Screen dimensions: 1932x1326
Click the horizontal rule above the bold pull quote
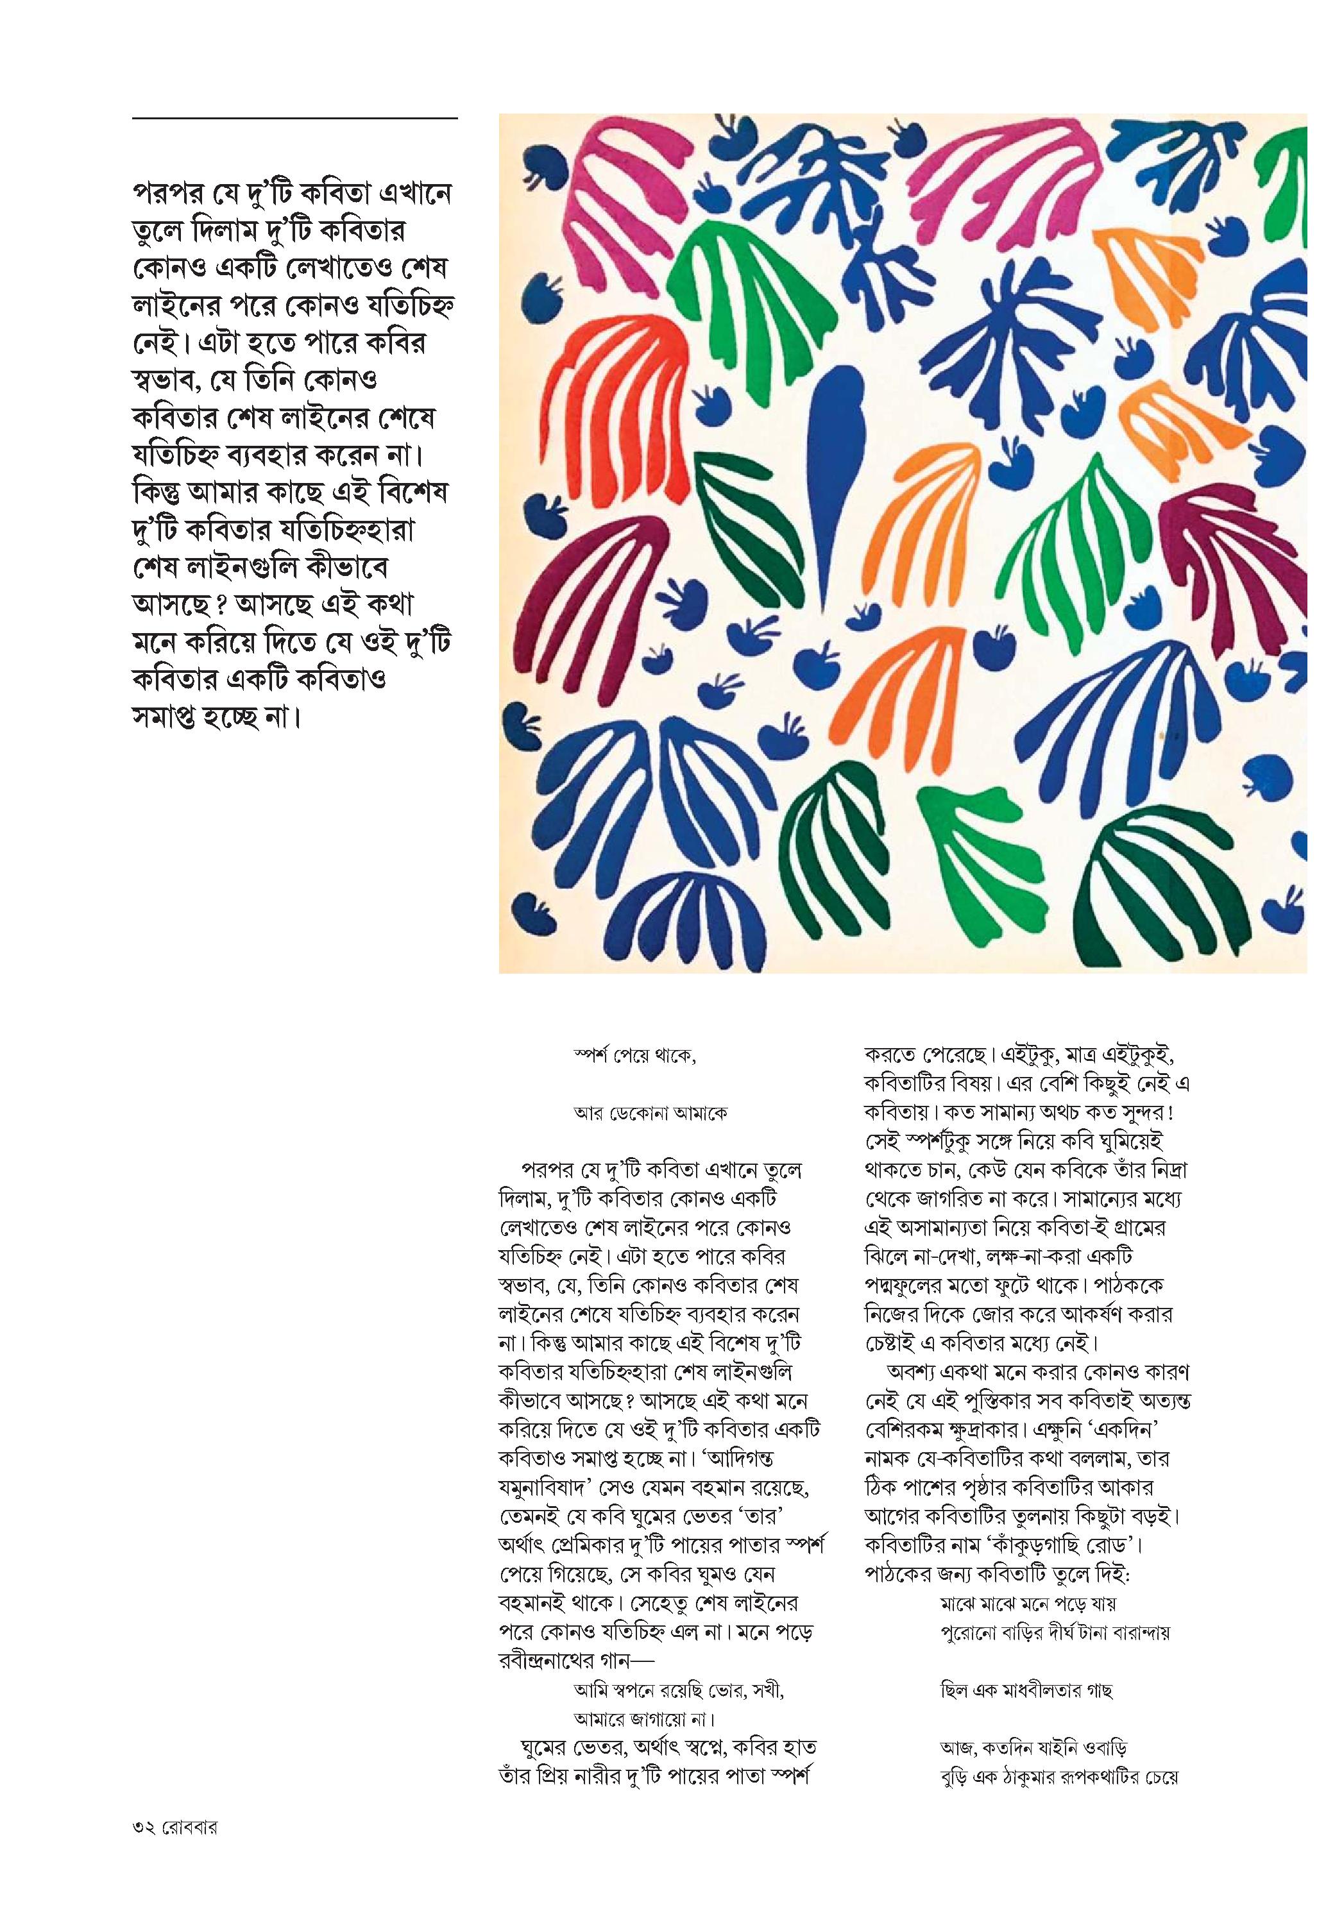pos(294,119)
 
